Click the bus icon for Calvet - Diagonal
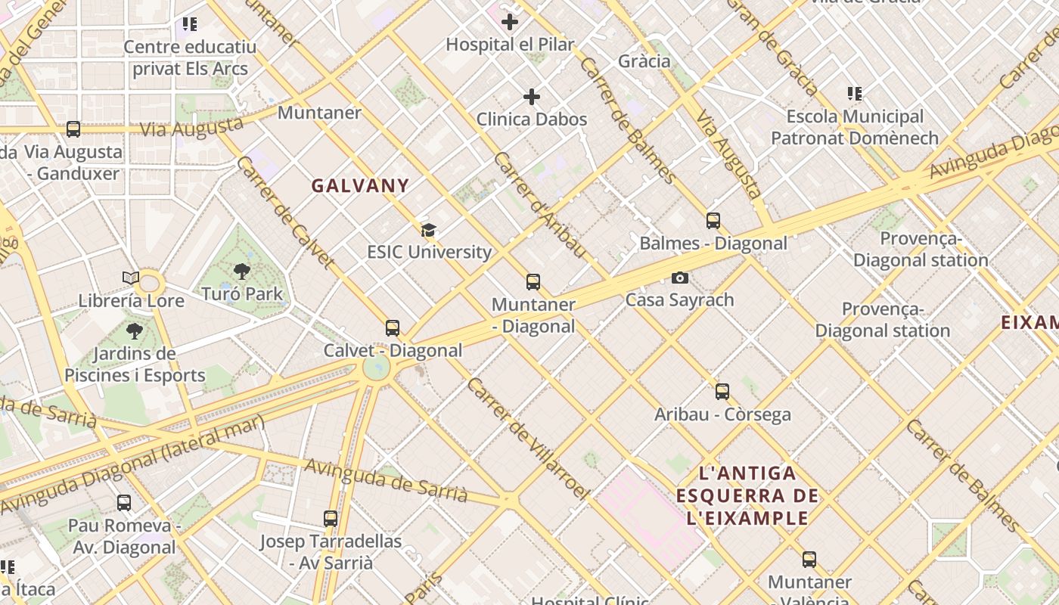pos(392,328)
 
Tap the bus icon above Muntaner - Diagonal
pos(533,282)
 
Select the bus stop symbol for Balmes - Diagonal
pos(713,221)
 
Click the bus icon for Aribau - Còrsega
pos(722,392)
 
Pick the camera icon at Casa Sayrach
pos(679,278)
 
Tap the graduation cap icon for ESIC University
pos(428,230)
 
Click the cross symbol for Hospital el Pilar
pos(510,22)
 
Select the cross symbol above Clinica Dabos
pos(532,97)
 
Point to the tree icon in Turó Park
pos(242,271)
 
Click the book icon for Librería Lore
pos(131,278)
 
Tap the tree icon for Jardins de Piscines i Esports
pos(134,330)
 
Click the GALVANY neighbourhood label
pos(360,185)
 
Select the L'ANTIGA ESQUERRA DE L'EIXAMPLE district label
pos(747,496)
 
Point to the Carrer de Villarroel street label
pos(527,439)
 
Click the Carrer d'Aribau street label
pos(539,204)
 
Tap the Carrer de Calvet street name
pos(286,213)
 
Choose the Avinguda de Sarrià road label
pos(386,479)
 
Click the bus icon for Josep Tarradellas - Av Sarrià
pos(331,519)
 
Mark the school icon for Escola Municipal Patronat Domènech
pos(855,94)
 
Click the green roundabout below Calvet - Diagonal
pos(376,368)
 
